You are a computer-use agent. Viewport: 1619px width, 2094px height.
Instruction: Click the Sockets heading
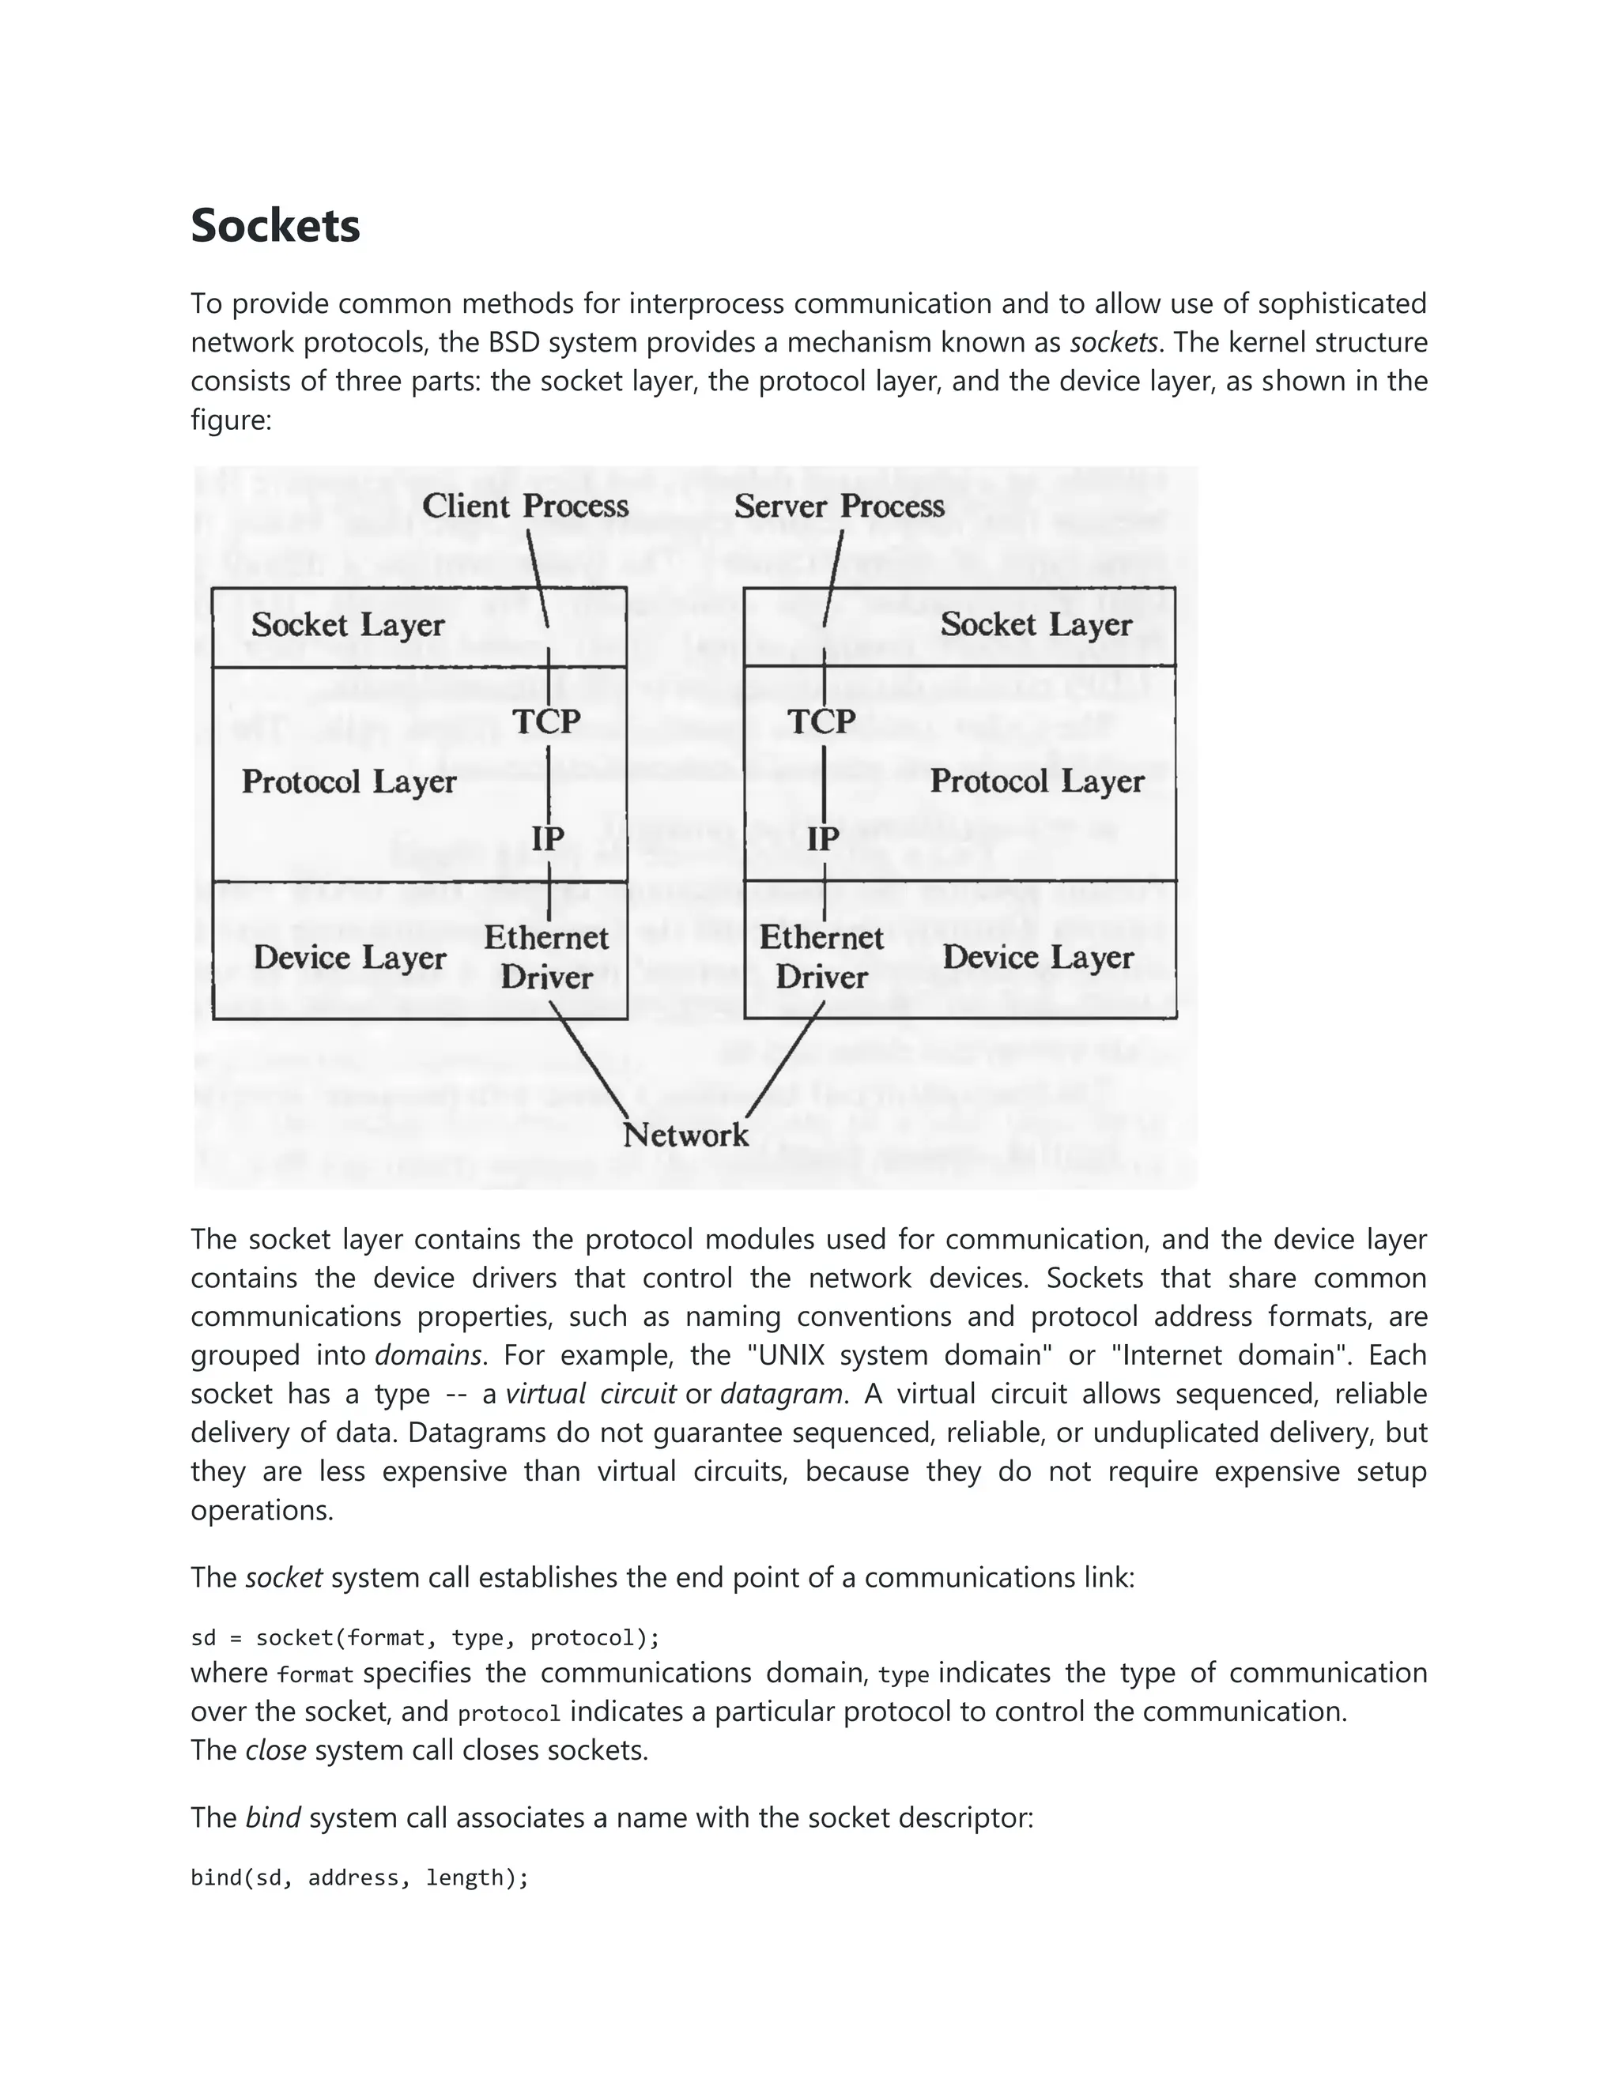tap(275, 226)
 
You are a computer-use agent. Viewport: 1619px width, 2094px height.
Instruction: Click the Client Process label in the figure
tap(525, 507)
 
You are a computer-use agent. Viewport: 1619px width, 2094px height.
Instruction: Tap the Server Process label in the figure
tap(840, 507)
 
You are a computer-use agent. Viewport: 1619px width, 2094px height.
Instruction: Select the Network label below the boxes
tap(685, 1136)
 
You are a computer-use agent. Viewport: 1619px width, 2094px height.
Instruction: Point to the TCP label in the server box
tap(821, 721)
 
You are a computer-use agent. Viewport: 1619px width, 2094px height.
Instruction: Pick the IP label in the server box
tap(822, 839)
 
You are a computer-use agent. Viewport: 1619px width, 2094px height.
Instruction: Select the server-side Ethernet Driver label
tap(821, 957)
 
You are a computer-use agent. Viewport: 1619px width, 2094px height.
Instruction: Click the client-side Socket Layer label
tap(348, 625)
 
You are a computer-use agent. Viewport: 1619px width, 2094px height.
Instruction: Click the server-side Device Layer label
tap(1038, 957)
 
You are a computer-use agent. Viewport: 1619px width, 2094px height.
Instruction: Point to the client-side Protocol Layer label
tap(348, 781)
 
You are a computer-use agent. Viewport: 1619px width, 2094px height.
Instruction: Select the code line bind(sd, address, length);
tap(360, 1877)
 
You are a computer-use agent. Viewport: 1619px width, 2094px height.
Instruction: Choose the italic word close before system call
tap(275, 1749)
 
